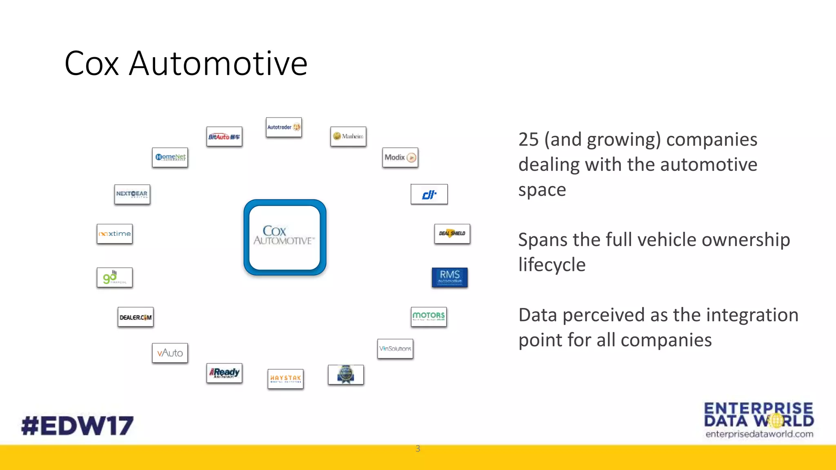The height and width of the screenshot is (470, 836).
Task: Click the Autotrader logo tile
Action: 284,127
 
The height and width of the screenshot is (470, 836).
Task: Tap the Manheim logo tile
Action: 348,136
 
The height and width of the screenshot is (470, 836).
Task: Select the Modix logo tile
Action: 400,157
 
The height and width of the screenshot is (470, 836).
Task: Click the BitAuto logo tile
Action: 224,137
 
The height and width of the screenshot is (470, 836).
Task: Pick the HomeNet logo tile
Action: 170,157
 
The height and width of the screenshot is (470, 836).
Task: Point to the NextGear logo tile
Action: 132,194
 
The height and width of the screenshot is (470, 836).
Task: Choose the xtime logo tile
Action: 115,234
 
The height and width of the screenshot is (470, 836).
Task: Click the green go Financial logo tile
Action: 115,277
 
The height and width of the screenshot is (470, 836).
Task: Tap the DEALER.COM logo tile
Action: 136,317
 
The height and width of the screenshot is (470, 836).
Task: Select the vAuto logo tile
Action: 170,353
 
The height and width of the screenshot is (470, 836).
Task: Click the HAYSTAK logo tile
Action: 285,379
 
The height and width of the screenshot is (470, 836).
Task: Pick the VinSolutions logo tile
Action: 395,349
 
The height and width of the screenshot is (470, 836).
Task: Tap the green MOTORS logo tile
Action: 429,317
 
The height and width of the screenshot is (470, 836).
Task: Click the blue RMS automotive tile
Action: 449,277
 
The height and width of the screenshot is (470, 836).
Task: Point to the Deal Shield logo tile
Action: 452,234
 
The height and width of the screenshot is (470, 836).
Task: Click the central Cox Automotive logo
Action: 285,237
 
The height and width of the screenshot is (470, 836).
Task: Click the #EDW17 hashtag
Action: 78,426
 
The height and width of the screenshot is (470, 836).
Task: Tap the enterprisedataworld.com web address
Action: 759,434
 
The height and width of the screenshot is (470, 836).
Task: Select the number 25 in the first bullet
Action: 528,140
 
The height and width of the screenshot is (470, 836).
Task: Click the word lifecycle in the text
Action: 552,265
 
